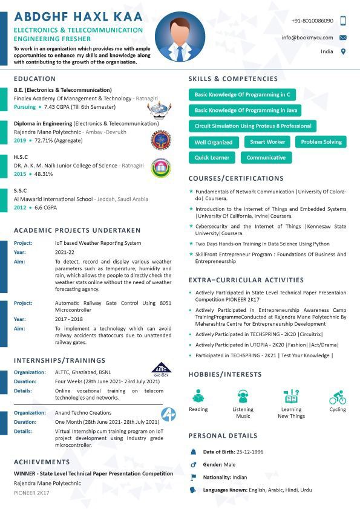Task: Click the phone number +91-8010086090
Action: point(312,21)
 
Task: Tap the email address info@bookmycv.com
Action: point(307,37)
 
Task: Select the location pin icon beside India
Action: point(343,52)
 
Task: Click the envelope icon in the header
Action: point(343,37)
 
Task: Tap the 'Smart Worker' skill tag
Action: point(267,142)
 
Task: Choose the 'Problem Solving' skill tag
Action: point(321,142)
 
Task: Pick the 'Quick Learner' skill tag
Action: point(212,158)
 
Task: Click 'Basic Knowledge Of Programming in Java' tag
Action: point(245,111)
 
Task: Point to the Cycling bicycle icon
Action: point(338,398)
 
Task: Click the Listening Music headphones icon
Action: point(243,397)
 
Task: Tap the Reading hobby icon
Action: point(198,397)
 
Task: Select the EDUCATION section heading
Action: point(34,79)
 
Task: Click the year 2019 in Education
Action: point(20,140)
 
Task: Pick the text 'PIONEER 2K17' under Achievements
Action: point(31,493)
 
